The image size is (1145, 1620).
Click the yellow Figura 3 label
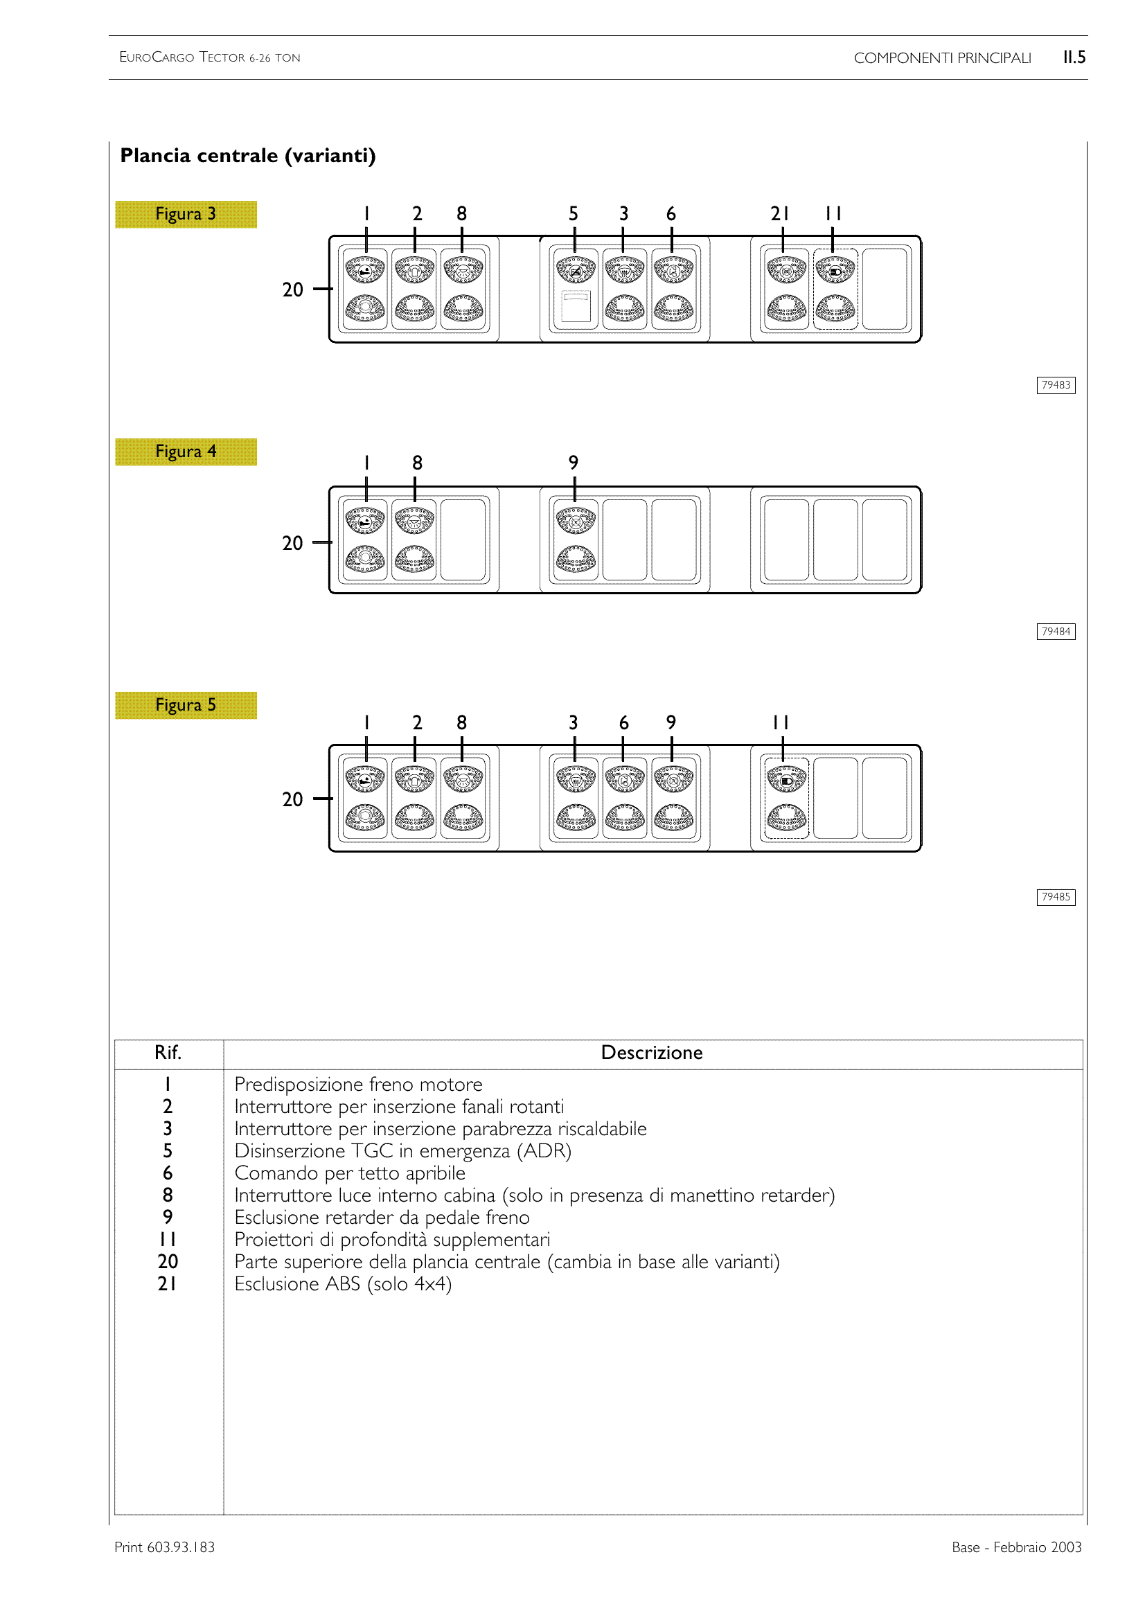pyautogui.click(x=186, y=214)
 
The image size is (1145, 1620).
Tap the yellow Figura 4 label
pyautogui.click(x=186, y=452)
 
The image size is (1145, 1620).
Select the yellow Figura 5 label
pyautogui.click(x=186, y=705)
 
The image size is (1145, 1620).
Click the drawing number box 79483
pyautogui.click(x=1056, y=385)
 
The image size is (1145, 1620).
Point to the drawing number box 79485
pyautogui.click(x=1056, y=897)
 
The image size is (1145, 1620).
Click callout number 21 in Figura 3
pyautogui.click(x=779, y=214)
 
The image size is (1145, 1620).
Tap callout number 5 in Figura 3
pyautogui.click(x=574, y=214)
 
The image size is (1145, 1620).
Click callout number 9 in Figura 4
pyautogui.click(x=574, y=463)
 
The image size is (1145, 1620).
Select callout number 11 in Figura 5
pyautogui.click(x=780, y=722)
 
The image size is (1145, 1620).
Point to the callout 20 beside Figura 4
pyautogui.click(x=293, y=543)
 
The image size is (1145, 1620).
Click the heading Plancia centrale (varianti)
pyautogui.click(x=247, y=156)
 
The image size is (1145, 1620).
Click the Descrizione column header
pyautogui.click(x=651, y=1053)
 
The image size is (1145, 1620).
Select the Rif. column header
pyautogui.click(x=168, y=1053)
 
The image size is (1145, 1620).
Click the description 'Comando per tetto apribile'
pyautogui.click(x=350, y=1173)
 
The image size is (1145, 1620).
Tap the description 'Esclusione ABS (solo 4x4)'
pyautogui.click(x=343, y=1283)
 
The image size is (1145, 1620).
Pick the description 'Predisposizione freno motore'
pyautogui.click(x=358, y=1085)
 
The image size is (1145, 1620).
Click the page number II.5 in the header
pyautogui.click(x=1074, y=57)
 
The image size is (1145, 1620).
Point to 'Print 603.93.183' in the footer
pyautogui.click(x=164, y=1547)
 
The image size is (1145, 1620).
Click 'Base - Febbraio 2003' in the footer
pyautogui.click(x=1016, y=1547)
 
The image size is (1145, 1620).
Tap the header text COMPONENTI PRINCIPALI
pyautogui.click(x=942, y=58)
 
